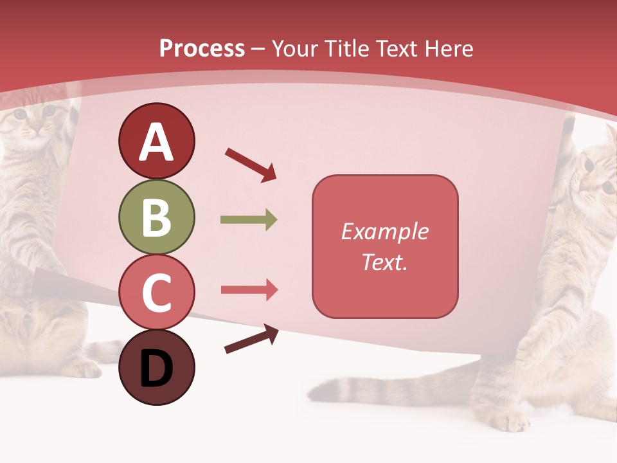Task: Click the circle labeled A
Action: tap(156, 141)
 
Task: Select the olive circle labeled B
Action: tap(156, 217)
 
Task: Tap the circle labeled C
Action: tap(156, 292)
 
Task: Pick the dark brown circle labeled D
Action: tap(156, 367)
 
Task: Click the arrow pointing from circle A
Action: tap(251, 165)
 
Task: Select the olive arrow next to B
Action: tap(249, 220)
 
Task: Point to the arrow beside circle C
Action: tap(249, 290)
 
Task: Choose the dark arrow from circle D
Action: tap(251, 339)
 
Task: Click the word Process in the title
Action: tap(202, 49)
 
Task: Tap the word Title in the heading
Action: tap(348, 49)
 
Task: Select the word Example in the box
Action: tap(385, 232)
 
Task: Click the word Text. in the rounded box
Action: tap(385, 262)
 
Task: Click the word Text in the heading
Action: tap(396, 49)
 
